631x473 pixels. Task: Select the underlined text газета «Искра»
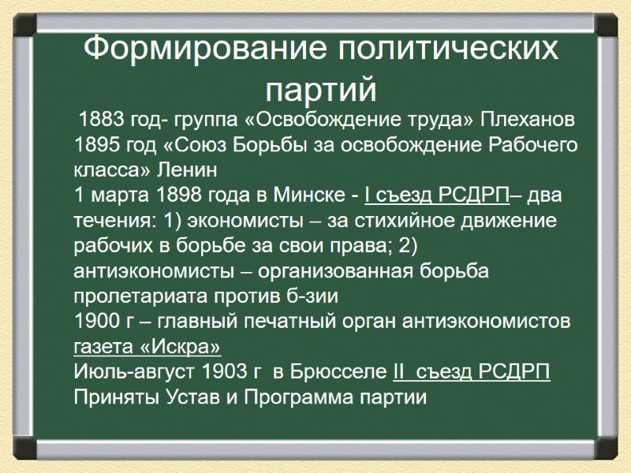coord(147,347)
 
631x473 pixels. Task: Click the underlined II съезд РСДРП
coord(471,371)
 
